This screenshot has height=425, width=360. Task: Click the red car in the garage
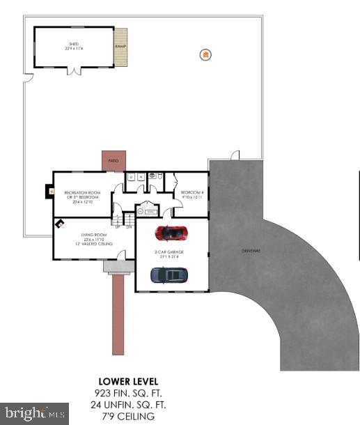[x=171, y=232]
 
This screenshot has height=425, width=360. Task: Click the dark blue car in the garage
[x=170, y=275]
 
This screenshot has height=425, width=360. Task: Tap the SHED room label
[x=74, y=45]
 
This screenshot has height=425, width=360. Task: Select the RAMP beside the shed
[x=121, y=47]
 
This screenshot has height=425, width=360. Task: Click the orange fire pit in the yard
[x=205, y=54]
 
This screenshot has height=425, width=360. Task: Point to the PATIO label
[x=113, y=161]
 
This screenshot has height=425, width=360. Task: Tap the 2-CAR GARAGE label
[x=171, y=254]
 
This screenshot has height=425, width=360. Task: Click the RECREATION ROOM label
[x=81, y=194]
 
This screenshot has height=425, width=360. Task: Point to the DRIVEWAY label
[x=250, y=250]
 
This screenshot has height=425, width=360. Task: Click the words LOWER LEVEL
[x=128, y=382]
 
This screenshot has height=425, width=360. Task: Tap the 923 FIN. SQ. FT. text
[x=128, y=393]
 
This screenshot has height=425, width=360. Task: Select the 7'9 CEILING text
[x=128, y=416]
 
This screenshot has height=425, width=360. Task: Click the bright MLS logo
[x=35, y=413]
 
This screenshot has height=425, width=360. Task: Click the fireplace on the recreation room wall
[x=50, y=190]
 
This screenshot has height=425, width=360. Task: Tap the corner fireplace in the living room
[x=61, y=224]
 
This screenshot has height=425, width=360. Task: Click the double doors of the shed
[x=74, y=70]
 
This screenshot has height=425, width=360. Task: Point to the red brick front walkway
[x=118, y=314]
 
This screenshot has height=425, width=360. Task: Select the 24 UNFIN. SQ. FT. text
[x=128, y=405]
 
